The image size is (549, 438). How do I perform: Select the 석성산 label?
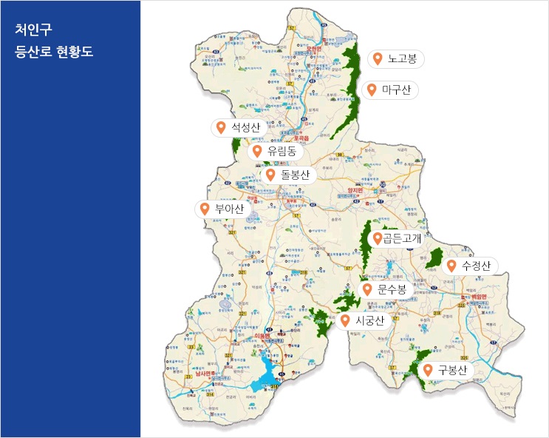click(x=245, y=127)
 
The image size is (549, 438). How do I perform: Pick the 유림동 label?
click(x=282, y=151)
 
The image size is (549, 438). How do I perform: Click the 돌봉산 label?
click(x=296, y=175)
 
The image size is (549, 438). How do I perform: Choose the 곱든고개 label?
click(x=401, y=238)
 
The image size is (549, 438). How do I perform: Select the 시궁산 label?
click(x=369, y=320)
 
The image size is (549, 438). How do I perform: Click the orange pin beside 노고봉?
click(x=378, y=58)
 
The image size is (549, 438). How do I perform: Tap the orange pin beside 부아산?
click(x=205, y=209)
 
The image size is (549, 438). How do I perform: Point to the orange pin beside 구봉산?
click(x=427, y=370)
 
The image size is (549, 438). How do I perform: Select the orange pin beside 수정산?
click(x=451, y=265)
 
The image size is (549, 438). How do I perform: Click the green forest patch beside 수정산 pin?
click(x=434, y=259)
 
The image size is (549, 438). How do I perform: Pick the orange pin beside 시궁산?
click(x=344, y=320)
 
